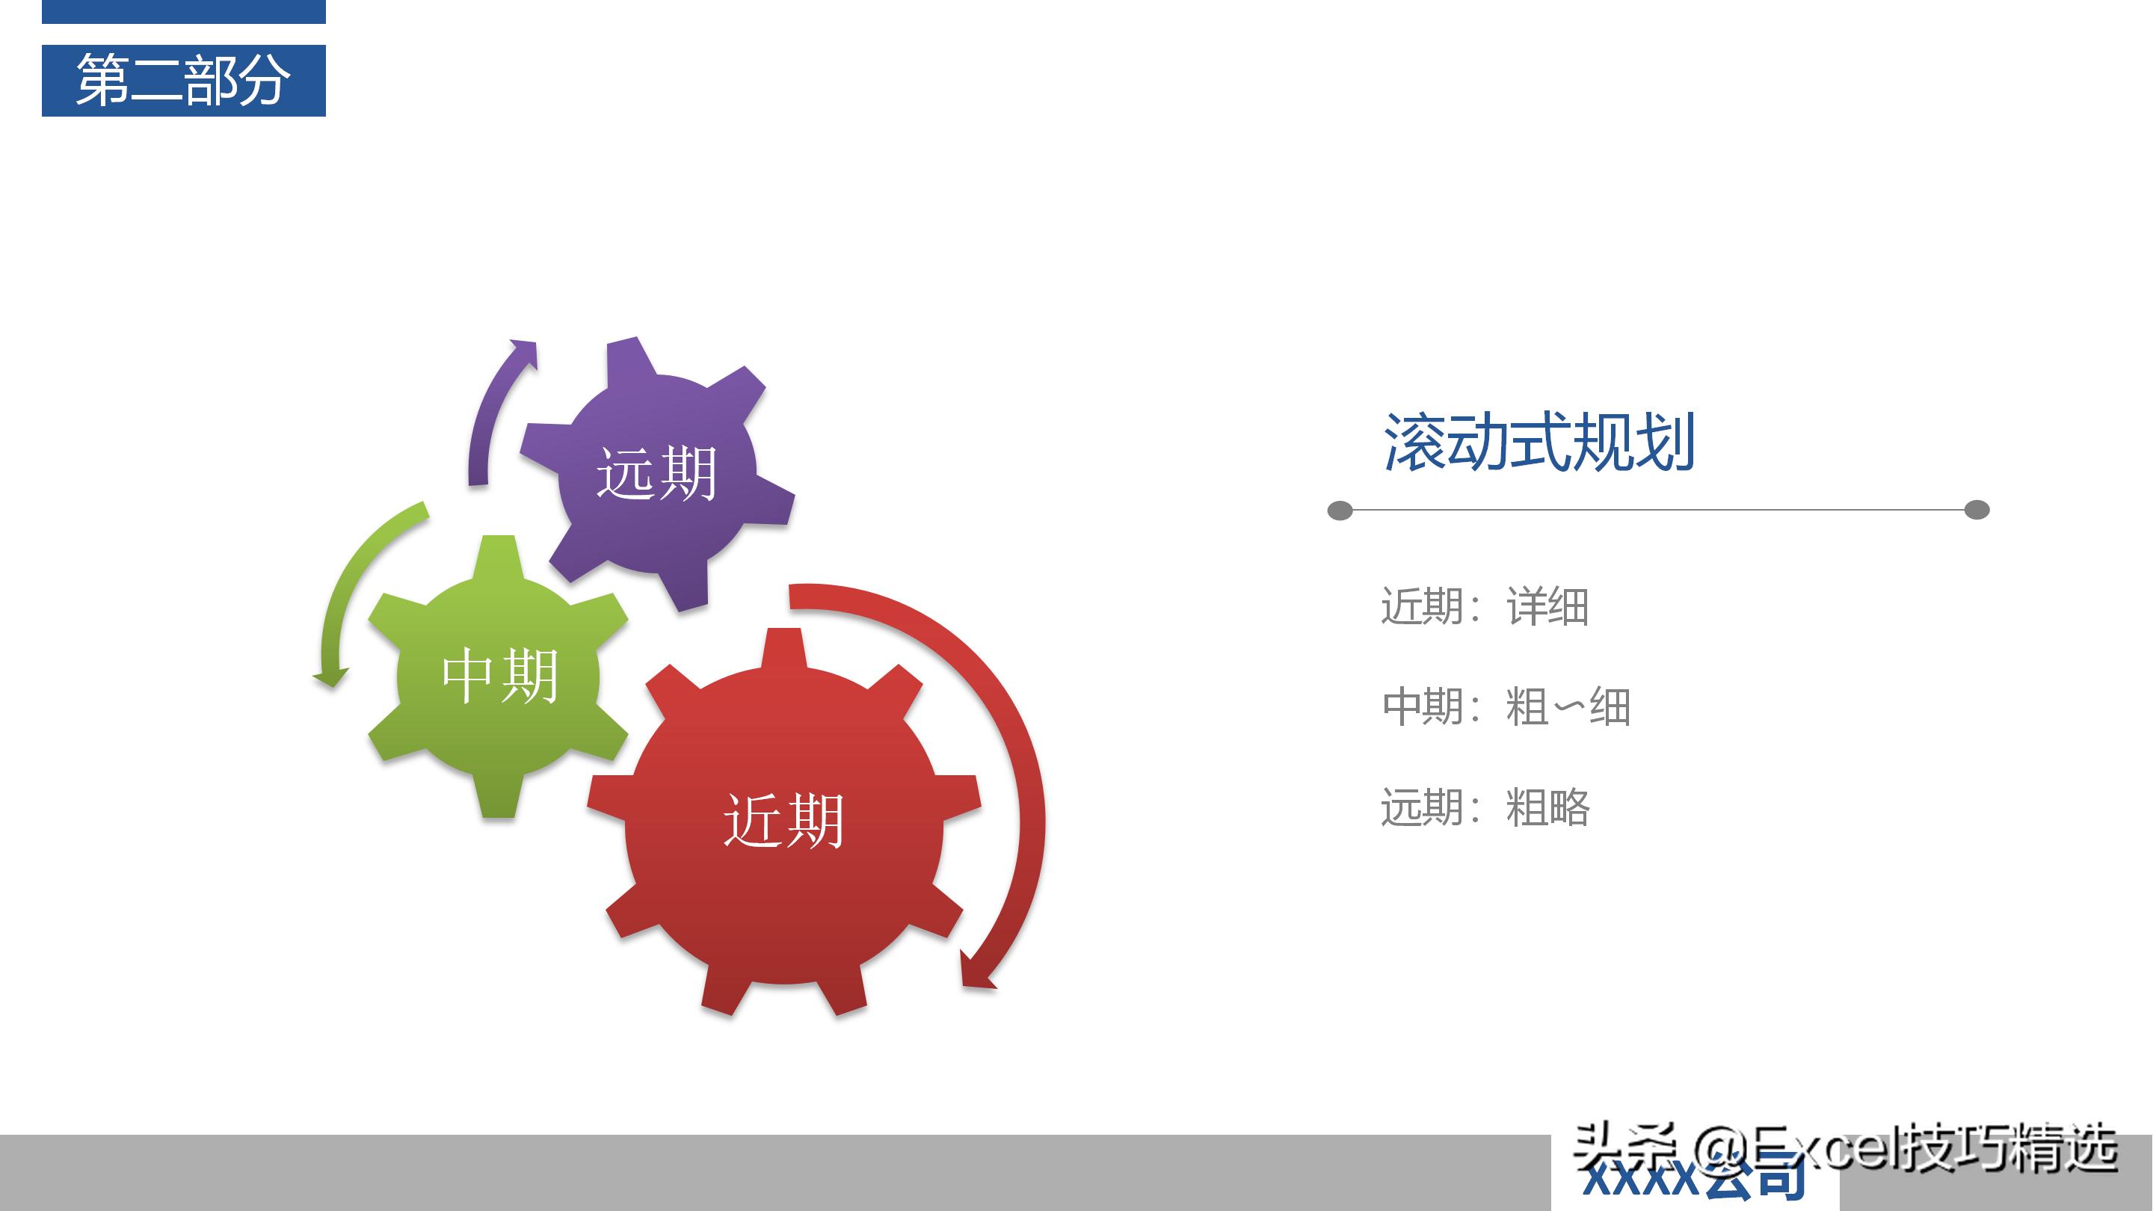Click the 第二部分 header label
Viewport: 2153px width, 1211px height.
[x=183, y=80]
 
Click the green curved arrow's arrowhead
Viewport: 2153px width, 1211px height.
[x=332, y=677]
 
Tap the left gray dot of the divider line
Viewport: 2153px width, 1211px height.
[x=1340, y=510]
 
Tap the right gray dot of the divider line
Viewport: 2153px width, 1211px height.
[x=1977, y=510]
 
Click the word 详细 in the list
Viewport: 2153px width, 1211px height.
[x=1547, y=607]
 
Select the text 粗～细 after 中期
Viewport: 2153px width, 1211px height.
[x=1568, y=707]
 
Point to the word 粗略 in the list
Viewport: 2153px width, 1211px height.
[x=1547, y=808]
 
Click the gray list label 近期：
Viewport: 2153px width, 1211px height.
[x=1430, y=607]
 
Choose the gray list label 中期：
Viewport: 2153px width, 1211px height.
[x=1430, y=707]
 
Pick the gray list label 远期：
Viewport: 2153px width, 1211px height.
[x=1430, y=808]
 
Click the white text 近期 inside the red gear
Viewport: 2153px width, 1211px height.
[x=784, y=822]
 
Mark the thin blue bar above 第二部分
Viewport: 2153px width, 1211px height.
[x=183, y=11]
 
